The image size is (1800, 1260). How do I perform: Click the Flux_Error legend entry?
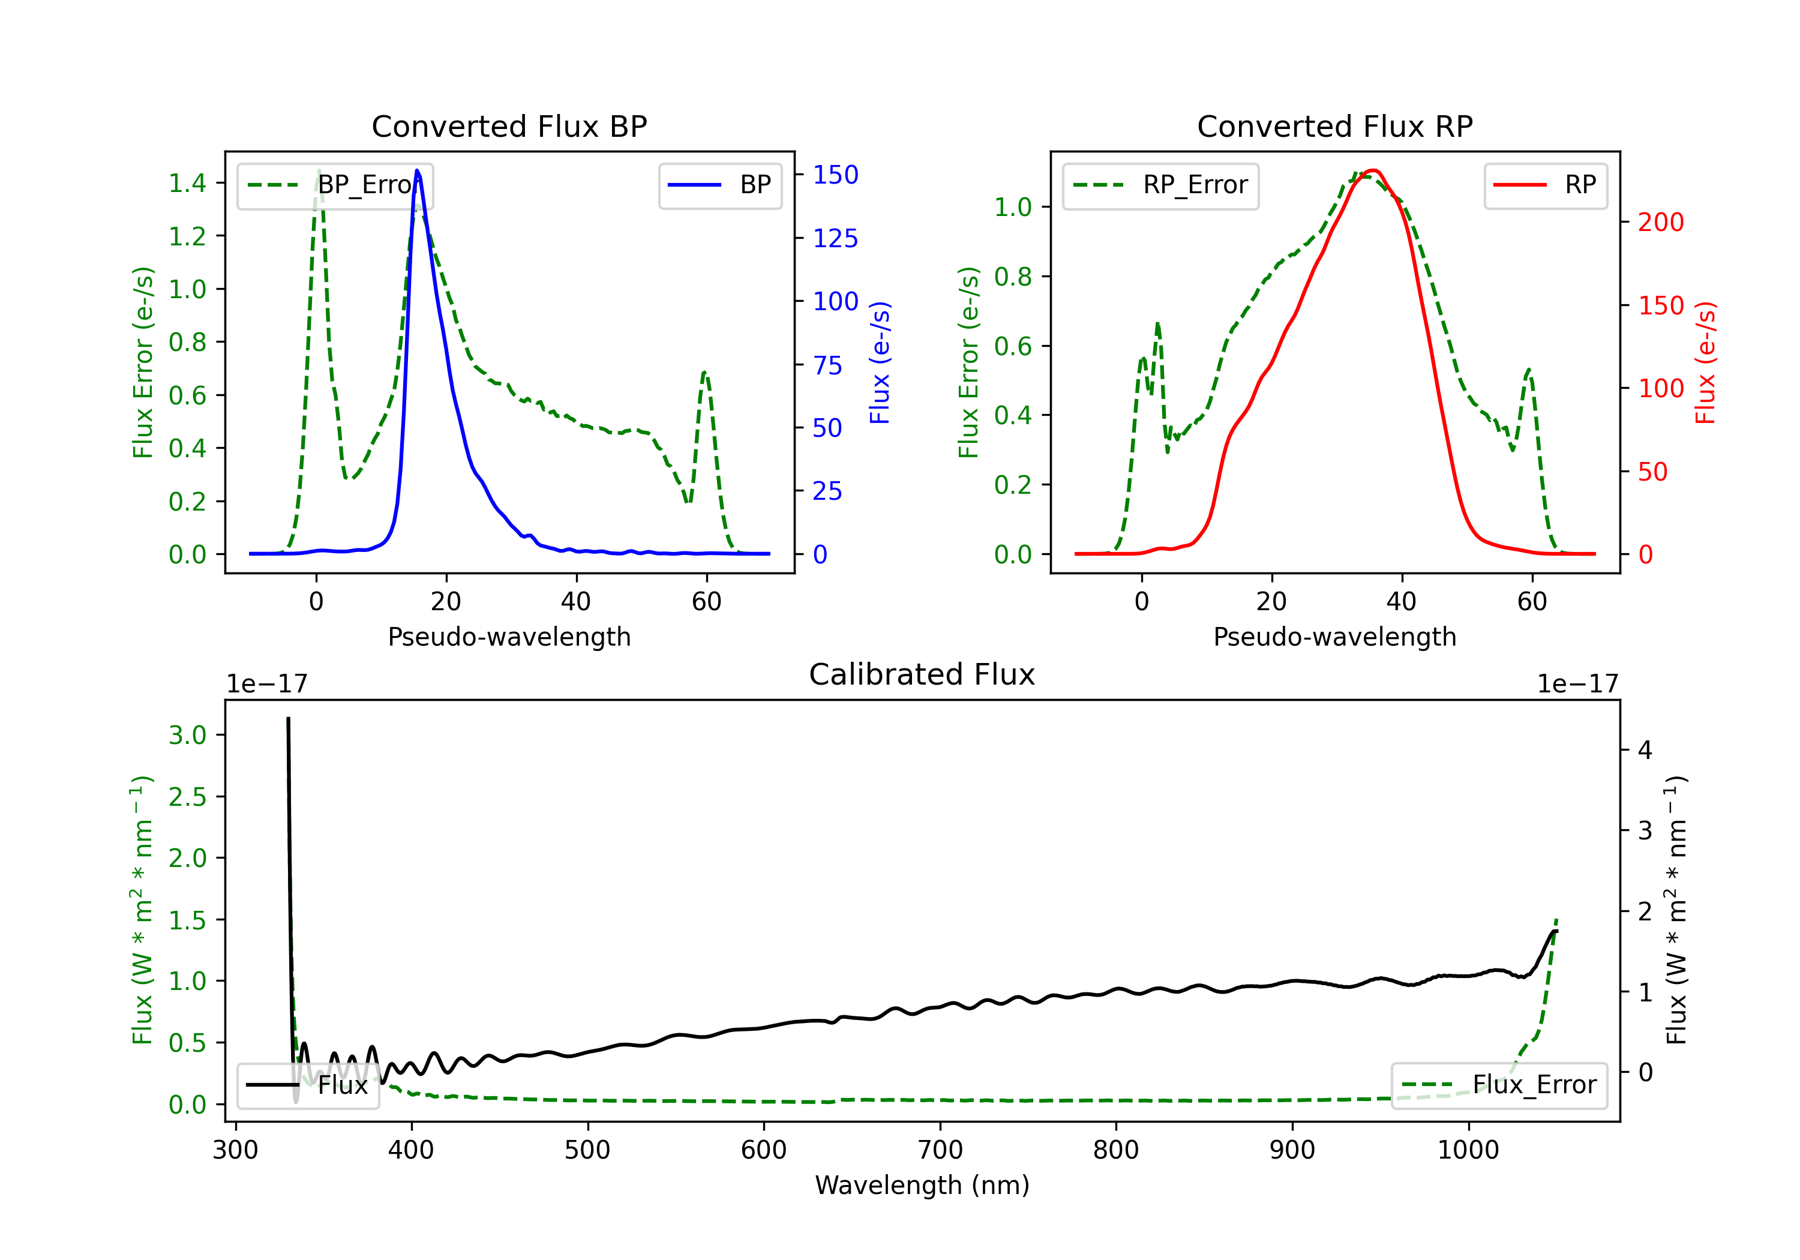pos(1499,1085)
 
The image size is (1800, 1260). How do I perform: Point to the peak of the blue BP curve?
pos(417,170)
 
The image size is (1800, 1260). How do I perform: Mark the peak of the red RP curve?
pos(1372,170)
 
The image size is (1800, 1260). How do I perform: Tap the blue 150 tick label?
pos(835,175)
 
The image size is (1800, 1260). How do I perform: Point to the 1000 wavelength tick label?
pos(1468,1150)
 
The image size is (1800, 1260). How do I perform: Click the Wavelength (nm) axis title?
pos(922,1186)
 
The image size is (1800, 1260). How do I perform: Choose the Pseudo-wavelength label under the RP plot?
pos(1334,637)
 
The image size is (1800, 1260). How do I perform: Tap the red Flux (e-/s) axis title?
pos(1706,362)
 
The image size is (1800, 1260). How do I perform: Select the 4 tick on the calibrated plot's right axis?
pos(1645,751)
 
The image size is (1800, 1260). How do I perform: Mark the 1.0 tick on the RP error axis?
pos(1013,208)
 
